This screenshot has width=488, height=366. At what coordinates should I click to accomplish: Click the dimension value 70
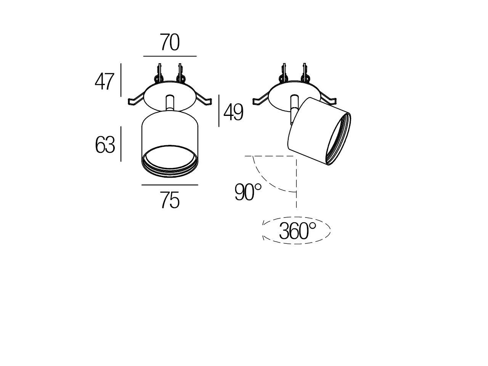170,42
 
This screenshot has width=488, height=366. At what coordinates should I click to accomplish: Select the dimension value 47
104,82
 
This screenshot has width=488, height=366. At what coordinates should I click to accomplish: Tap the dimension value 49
233,112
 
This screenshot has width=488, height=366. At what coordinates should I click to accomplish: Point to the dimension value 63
105,145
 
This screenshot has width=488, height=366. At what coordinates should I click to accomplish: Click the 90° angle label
248,192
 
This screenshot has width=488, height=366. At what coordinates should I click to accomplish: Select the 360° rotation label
297,231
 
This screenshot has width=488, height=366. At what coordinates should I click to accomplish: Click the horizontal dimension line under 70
170,56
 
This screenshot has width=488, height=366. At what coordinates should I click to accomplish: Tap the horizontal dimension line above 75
170,185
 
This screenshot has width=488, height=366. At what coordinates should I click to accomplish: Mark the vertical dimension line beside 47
121,80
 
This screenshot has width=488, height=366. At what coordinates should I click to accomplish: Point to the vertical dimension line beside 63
121,144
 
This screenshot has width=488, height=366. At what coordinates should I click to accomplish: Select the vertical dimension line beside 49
219,111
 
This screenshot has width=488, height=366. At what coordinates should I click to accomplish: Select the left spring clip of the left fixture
136,100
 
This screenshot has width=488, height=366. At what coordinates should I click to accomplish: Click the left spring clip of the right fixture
261,100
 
